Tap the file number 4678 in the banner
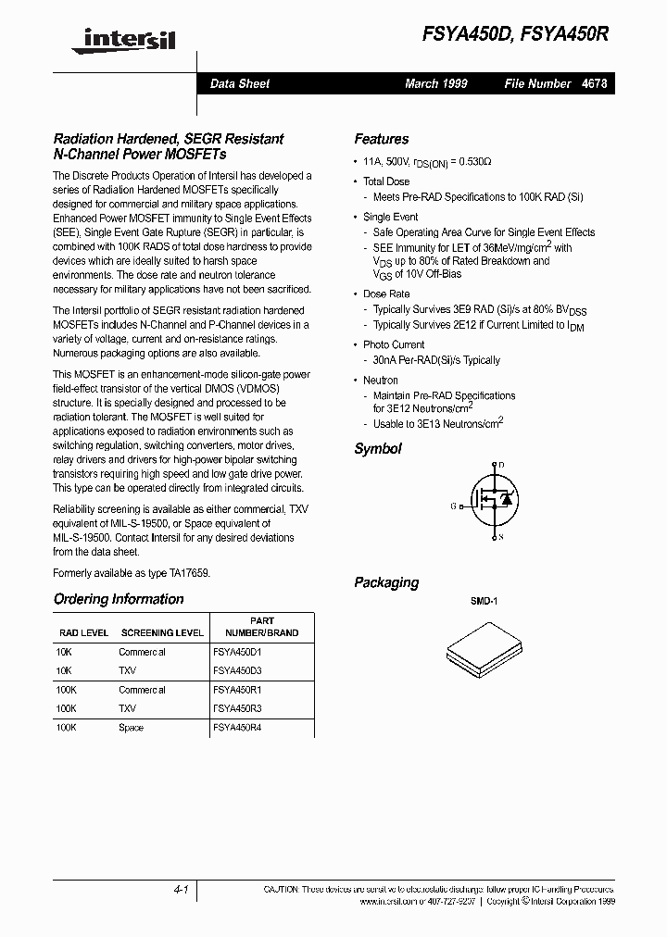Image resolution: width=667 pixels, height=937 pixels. click(595, 83)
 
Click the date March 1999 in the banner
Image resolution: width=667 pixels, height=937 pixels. click(435, 83)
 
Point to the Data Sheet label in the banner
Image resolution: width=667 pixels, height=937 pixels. click(239, 83)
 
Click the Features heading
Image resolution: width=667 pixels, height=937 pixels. click(381, 139)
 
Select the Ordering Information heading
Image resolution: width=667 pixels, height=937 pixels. click(119, 599)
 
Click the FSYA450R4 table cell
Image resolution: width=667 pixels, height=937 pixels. click(237, 728)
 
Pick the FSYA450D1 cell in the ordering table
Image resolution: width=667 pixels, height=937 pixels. click(237, 652)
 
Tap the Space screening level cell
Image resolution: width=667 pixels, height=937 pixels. click(131, 728)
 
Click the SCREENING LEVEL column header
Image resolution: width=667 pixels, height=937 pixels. click(161, 633)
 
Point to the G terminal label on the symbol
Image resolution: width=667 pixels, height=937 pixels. click(454, 506)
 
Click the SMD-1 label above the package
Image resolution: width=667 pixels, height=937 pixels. click(484, 602)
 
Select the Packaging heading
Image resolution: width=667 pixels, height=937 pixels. click(386, 582)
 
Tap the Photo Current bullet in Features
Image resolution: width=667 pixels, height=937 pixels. click(394, 344)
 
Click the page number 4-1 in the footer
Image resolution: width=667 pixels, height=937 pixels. click(181, 889)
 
